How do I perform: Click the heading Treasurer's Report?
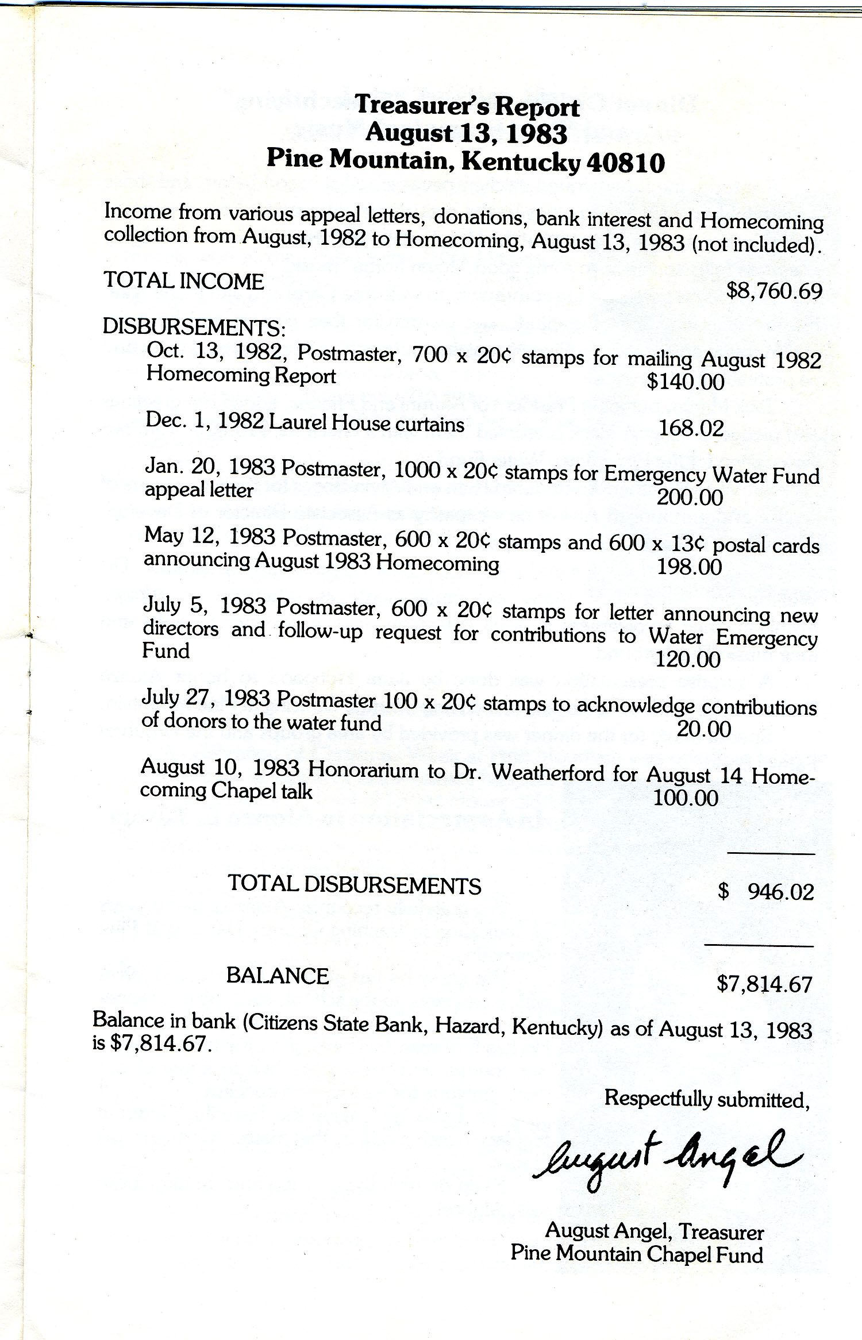coord(467,106)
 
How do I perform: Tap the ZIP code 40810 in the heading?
coord(626,163)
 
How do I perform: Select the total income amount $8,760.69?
coord(774,291)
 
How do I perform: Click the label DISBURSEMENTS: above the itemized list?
coord(194,327)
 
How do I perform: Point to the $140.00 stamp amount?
coord(686,382)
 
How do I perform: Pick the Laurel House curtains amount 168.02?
coord(691,428)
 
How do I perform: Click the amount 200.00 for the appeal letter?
coord(690,498)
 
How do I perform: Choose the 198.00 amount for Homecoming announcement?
coord(689,567)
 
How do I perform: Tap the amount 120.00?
coord(688,660)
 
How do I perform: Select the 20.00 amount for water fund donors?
coord(703,729)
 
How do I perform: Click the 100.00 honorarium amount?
coord(686,798)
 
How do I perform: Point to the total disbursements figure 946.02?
coord(780,892)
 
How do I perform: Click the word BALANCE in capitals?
coord(278,976)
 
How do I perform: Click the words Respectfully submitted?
coord(707,1099)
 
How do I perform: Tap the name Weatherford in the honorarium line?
coord(548,773)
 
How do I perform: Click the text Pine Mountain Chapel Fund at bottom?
coord(637,1254)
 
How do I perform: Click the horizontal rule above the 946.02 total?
coord(771,854)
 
